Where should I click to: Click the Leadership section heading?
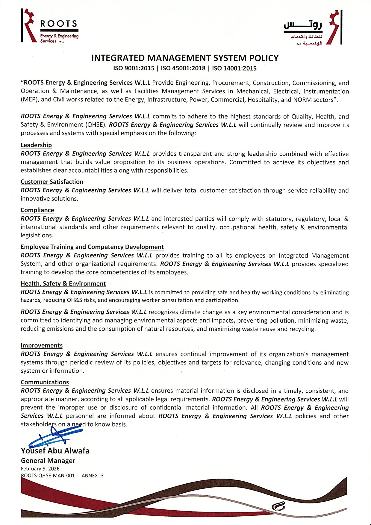pyautogui.click(x=36, y=145)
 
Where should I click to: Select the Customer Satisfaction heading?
pyautogui.click(x=52, y=182)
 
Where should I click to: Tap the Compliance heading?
pyautogui.click(x=37, y=210)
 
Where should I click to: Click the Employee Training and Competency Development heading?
pyautogui.click(x=92, y=247)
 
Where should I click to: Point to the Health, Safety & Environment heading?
pyautogui.click(x=63, y=283)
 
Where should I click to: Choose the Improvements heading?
pyautogui.click(x=41, y=345)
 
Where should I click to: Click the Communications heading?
pyautogui.click(x=45, y=382)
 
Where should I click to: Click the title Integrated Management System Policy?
pyautogui.click(x=185, y=58)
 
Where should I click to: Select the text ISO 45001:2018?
pyautogui.click(x=183, y=69)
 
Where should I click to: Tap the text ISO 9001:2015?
pyautogui.click(x=134, y=69)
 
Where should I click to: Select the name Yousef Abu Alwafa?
pyautogui.click(x=55, y=451)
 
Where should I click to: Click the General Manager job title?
pyautogui.click(x=48, y=461)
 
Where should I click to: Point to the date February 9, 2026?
pyautogui.click(x=40, y=469)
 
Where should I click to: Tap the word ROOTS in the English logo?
pyautogui.click(x=59, y=24)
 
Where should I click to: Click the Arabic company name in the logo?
pyautogui.click(x=303, y=25)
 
